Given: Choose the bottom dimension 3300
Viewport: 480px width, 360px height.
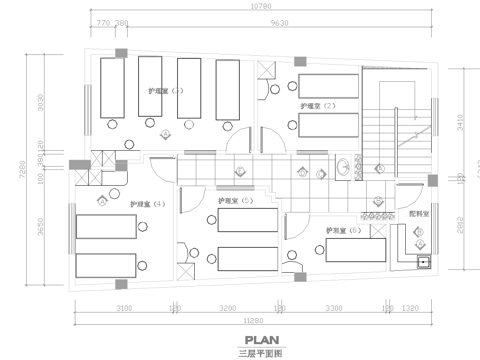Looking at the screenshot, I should (x=333, y=309).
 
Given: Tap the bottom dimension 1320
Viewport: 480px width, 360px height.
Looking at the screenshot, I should (x=411, y=309).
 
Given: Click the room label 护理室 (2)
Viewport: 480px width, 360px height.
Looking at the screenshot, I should (x=316, y=105).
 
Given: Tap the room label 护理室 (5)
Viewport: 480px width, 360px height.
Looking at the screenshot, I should (x=234, y=201).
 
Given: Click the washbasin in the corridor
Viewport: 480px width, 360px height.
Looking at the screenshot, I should (x=344, y=165).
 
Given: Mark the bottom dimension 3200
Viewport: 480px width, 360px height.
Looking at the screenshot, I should (x=227, y=309).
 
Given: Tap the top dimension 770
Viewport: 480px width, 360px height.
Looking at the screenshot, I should (x=102, y=22).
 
